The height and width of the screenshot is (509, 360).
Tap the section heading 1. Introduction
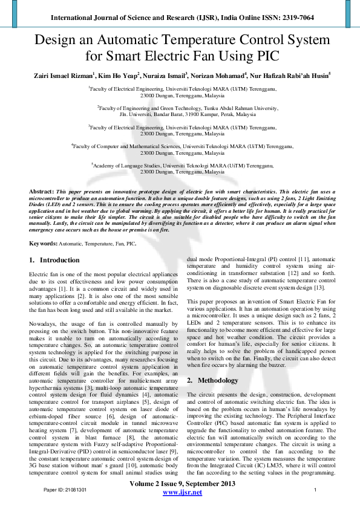54,260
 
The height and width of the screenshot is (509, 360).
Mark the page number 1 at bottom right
316,489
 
